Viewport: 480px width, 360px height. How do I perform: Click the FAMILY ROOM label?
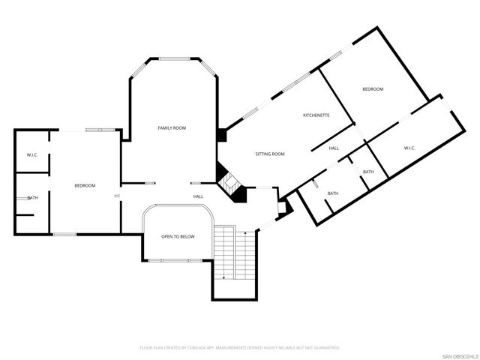click(x=172, y=128)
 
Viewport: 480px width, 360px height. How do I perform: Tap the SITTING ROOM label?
click(x=270, y=154)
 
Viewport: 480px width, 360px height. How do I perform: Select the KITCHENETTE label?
click(x=316, y=115)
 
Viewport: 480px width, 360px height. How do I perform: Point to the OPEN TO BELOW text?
click(x=178, y=236)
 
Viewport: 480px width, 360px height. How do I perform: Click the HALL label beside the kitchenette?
click(x=334, y=148)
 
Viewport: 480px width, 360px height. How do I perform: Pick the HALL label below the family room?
click(x=198, y=196)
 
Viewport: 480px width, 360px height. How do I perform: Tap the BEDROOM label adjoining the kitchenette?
click(x=373, y=89)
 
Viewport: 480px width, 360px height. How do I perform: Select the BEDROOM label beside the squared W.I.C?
click(x=84, y=185)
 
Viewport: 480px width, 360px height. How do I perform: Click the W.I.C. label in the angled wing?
click(x=409, y=148)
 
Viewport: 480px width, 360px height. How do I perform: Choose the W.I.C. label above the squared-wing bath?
click(x=32, y=155)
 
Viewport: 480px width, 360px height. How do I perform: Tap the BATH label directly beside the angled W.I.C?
click(x=368, y=172)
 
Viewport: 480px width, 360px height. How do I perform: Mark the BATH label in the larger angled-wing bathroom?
click(x=332, y=193)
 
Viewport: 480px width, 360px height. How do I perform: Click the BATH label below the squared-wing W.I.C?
click(x=32, y=198)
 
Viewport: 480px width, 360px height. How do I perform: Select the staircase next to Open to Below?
click(x=226, y=253)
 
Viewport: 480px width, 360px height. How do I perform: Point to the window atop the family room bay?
click(x=174, y=58)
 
